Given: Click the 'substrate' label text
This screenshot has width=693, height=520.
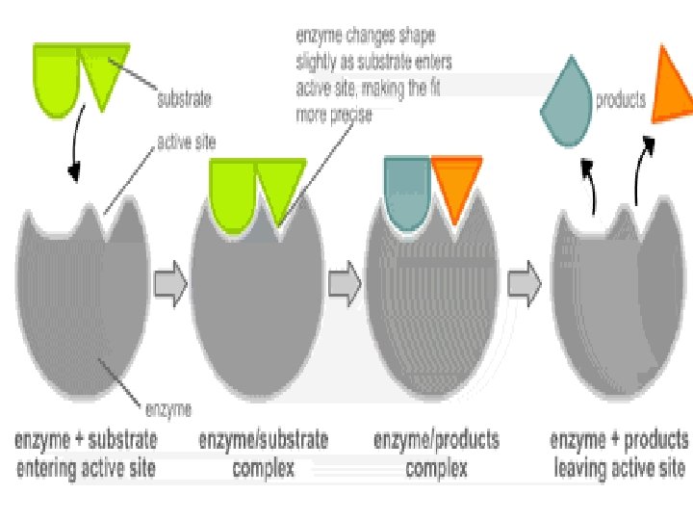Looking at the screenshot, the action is [x=185, y=97].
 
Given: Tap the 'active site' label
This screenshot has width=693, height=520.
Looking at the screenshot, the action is [x=186, y=143].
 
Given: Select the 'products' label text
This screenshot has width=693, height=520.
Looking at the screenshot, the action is [x=621, y=99].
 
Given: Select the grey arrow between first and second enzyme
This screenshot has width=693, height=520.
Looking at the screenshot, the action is [x=170, y=283].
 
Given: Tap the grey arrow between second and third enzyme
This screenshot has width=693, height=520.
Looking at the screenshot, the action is [x=344, y=283].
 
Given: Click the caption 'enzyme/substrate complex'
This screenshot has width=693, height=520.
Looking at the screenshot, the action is [x=263, y=455].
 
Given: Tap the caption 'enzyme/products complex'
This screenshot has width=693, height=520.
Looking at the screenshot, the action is [x=436, y=455].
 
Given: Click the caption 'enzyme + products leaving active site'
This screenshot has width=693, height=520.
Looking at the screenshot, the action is [x=619, y=455].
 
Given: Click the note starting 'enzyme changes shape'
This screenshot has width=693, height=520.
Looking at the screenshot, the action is [x=372, y=76].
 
